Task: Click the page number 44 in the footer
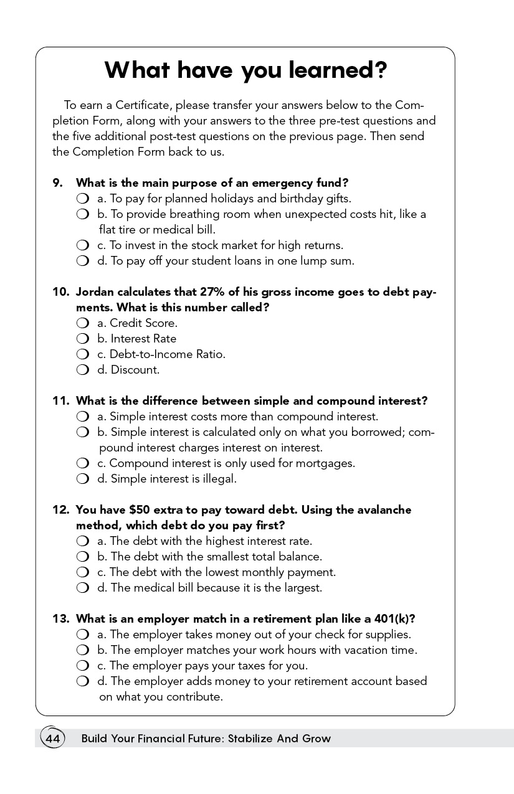[52, 739]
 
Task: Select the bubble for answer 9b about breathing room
[83, 214]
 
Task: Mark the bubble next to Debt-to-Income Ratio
[83, 354]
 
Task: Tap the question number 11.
[60, 401]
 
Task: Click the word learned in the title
[337, 70]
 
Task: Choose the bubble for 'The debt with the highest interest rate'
[83, 541]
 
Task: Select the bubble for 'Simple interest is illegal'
[83, 479]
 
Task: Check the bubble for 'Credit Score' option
[83, 323]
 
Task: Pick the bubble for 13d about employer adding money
[83, 681]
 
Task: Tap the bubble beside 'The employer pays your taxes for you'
[83, 666]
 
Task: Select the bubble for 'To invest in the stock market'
[83, 245]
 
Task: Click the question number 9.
[58, 183]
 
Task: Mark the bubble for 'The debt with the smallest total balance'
[83, 557]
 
